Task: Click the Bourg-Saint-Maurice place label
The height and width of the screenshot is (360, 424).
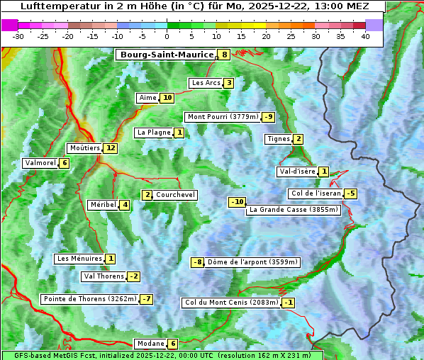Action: click(166, 55)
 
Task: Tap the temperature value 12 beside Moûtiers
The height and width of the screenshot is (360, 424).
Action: click(110, 148)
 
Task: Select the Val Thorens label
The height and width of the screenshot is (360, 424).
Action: click(104, 276)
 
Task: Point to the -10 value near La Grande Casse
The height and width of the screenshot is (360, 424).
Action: click(237, 202)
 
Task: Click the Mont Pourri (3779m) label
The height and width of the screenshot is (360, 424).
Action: click(222, 117)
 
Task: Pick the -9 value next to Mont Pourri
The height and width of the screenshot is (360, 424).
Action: click(267, 117)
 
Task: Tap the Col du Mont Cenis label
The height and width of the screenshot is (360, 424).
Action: click(230, 303)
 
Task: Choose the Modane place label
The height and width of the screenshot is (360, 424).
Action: click(150, 344)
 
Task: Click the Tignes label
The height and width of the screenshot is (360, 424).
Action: click(278, 139)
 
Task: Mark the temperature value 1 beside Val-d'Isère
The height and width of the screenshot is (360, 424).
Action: click(323, 171)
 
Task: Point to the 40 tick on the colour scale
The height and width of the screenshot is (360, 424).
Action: click(365, 35)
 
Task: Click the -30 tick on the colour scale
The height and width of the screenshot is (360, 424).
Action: click(18, 35)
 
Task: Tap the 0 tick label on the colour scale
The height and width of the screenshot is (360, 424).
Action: click(167, 35)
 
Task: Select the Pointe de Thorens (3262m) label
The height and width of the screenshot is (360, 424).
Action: click(89, 299)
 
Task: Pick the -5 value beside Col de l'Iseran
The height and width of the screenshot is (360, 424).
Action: click(350, 193)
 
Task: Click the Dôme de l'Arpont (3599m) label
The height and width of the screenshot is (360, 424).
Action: click(252, 262)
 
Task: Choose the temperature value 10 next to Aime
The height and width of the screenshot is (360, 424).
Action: click(167, 98)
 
